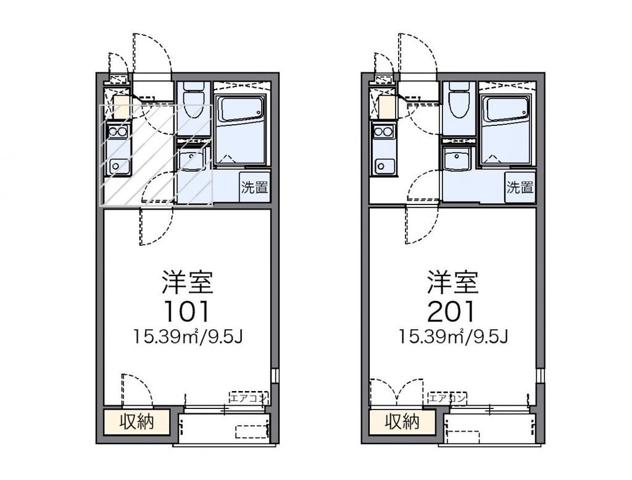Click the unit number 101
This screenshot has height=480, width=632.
click(x=187, y=311)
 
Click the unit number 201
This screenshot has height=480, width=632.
click(x=453, y=311)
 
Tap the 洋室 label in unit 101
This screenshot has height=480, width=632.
click(x=187, y=283)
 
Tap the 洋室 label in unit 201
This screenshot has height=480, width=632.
click(x=453, y=283)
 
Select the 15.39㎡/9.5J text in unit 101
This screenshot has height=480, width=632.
click(x=187, y=337)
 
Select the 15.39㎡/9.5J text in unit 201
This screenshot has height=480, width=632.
click(x=453, y=337)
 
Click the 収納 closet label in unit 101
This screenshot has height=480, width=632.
click(x=136, y=423)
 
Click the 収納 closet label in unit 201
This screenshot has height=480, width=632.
click(x=402, y=423)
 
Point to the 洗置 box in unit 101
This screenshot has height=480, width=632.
click(x=254, y=188)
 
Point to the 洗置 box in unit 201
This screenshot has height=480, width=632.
click(x=520, y=188)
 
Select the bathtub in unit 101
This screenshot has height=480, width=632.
click(x=241, y=109)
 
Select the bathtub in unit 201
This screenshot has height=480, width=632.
click(x=506, y=109)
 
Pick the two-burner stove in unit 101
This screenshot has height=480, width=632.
click(x=117, y=132)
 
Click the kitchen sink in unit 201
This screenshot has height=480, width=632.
click(x=385, y=166)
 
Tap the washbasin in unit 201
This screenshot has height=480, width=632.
click(x=457, y=160)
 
